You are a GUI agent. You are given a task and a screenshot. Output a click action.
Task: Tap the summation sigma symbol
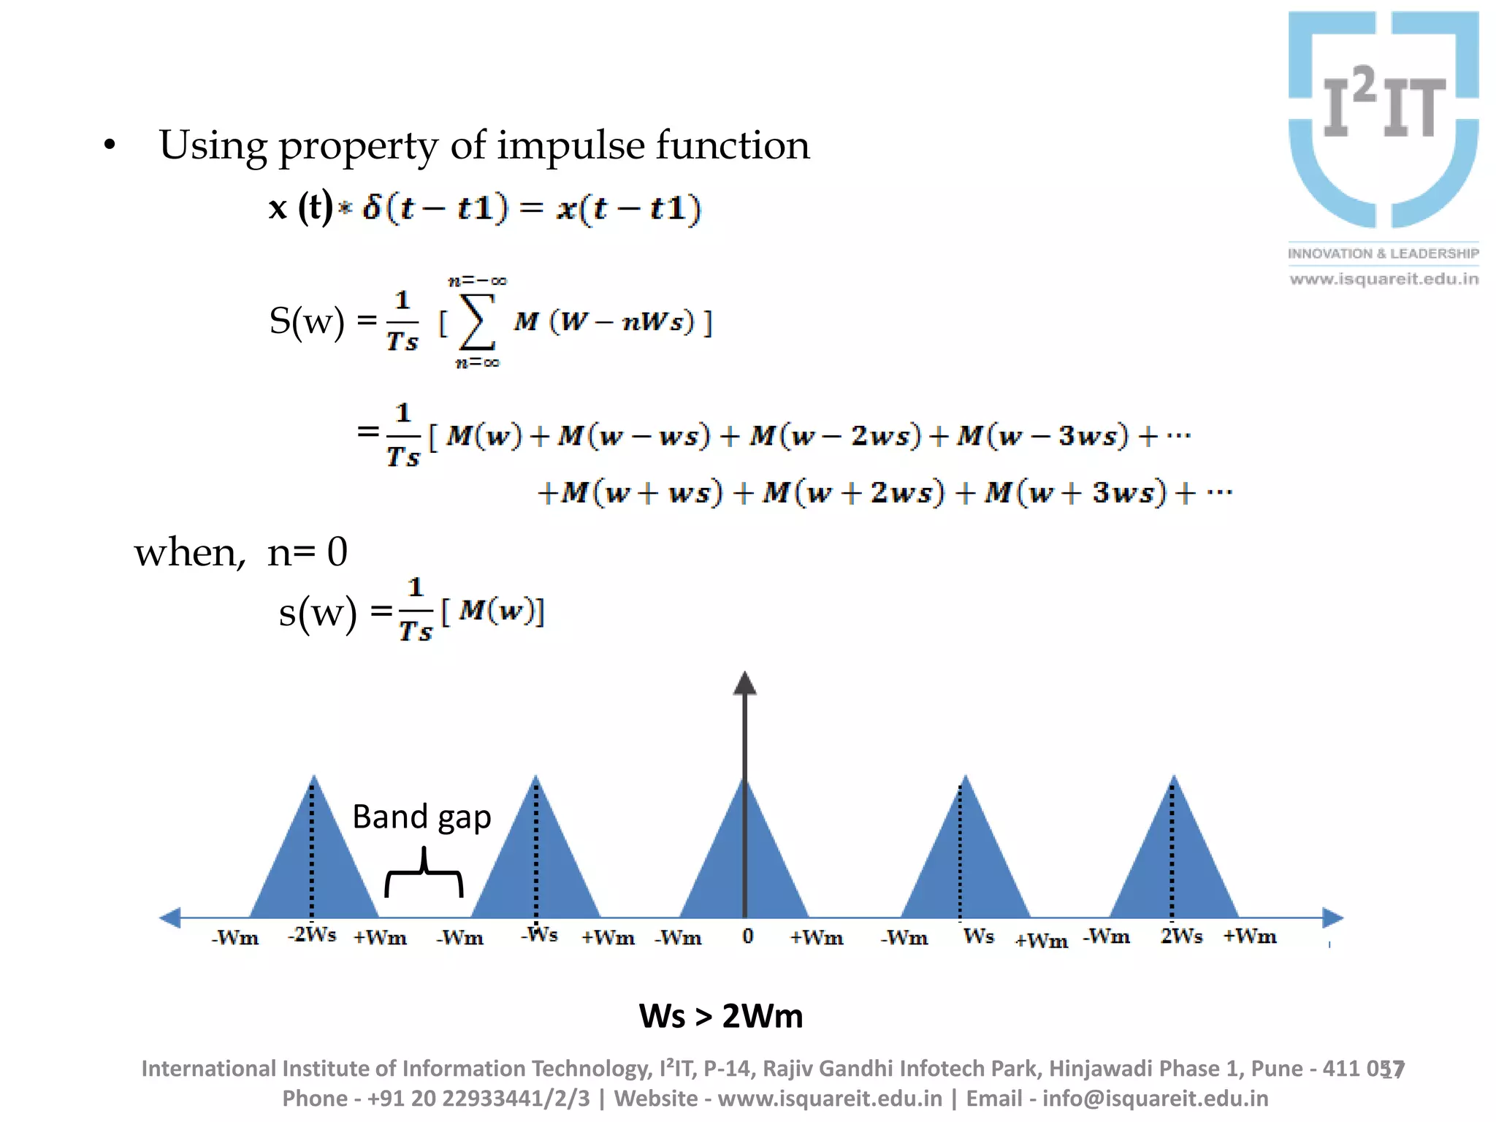[476, 322]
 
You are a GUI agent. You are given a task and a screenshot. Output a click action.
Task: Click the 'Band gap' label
[421, 817]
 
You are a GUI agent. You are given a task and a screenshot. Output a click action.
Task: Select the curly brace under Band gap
[424, 873]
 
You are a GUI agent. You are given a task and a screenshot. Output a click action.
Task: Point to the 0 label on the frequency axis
[747, 936]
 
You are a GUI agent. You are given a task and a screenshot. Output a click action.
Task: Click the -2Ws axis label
[312, 935]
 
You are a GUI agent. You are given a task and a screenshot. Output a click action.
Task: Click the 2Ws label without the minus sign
[1181, 936]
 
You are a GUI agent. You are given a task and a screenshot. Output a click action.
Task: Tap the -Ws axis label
[540, 935]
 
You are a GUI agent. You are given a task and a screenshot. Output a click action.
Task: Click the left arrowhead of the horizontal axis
[170, 917]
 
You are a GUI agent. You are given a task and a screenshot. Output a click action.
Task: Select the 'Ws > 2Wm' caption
[721, 1016]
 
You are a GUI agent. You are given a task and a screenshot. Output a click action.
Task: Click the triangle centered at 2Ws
[1174, 862]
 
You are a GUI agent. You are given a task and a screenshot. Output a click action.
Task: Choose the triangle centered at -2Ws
[314, 862]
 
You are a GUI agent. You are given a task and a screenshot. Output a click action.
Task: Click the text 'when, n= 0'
[240, 552]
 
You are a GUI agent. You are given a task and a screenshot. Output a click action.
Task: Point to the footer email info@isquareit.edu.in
[1155, 1099]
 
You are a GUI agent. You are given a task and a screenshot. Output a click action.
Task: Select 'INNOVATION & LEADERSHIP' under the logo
[1383, 253]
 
